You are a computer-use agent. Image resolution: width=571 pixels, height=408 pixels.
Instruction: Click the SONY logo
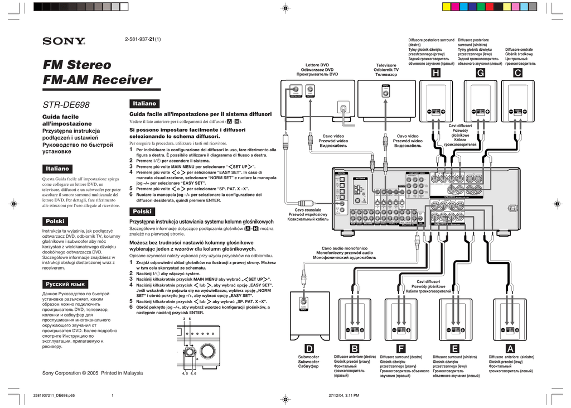64,41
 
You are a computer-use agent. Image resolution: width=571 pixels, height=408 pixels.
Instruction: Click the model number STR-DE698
66,104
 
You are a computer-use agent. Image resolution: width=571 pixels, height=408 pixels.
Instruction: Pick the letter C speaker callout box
518,74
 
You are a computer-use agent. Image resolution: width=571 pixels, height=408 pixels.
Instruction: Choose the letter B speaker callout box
355,348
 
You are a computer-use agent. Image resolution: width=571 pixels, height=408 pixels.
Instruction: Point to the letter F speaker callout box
400,348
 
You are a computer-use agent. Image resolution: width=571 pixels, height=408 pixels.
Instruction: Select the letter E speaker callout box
454,348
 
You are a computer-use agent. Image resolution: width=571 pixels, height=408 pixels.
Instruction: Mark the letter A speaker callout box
509,348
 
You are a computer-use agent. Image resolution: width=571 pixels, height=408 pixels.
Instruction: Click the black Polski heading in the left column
56,221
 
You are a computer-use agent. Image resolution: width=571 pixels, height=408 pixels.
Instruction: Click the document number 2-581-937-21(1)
144,39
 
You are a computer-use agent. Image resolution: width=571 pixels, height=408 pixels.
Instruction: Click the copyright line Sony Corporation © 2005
93,373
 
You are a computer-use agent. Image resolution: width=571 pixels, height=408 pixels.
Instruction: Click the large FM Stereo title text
78,65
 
